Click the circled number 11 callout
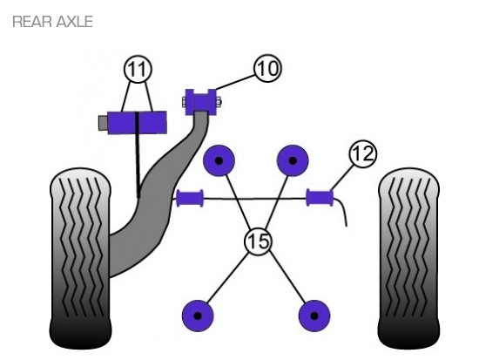(x=138, y=69)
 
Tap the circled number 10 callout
(x=267, y=68)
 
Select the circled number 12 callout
(x=362, y=153)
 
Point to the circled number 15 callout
(x=258, y=241)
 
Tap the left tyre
(x=80, y=259)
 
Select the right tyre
(x=408, y=259)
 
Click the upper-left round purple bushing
(x=219, y=160)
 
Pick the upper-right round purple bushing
(x=293, y=160)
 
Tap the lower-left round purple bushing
(x=198, y=316)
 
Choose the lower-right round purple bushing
(x=314, y=316)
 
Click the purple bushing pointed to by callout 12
(x=320, y=198)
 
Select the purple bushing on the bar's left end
(x=190, y=198)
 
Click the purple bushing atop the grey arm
(x=200, y=102)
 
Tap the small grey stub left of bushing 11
(x=103, y=123)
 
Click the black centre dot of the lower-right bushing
(x=314, y=316)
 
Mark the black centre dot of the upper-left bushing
(x=219, y=160)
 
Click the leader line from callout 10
(x=235, y=82)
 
